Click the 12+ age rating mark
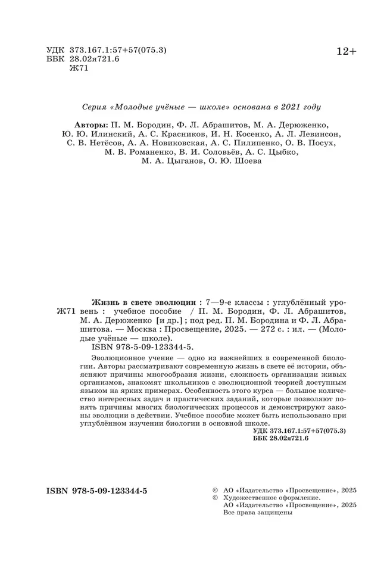346,52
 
